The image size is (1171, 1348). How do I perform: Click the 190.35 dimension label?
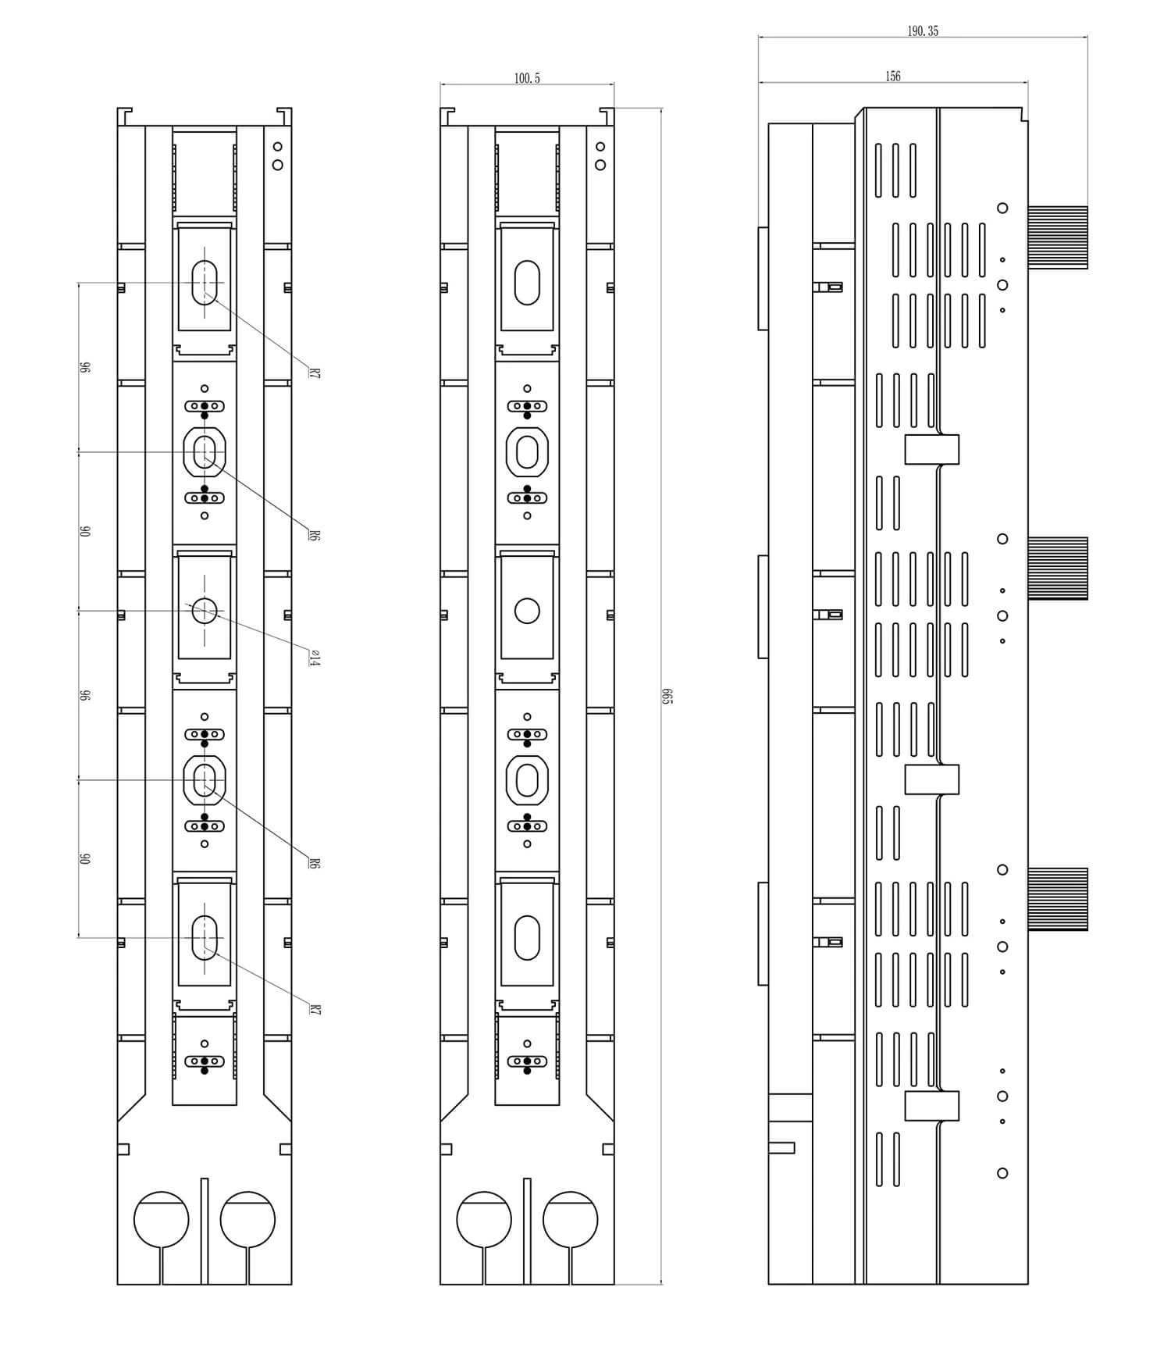pyautogui.click(x=923, y=31)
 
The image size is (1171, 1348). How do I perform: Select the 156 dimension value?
pyautogui.click(x=893, y=77)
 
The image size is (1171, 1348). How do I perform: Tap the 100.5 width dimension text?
pyautogui.click(x=527, y=78)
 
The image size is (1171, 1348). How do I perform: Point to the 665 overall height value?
pyautogui.click(x=667, y=696)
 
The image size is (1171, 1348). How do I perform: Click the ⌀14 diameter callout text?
pyautogui.click(x=314, y=658)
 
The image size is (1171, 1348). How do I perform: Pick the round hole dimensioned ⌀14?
pyautogui.click(x=205, y=611)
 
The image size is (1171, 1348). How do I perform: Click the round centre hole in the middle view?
pyautogui.click(x=528, y=611)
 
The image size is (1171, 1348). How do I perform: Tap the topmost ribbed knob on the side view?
pyautogui.click(x=1058, y=237)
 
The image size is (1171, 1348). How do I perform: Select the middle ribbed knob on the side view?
pyautogui.click(x=1058, y=569)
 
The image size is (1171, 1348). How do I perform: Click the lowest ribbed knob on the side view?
pyautogui.click(x=1058, y=899)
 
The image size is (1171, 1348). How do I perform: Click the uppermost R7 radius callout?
pyautogui.click(x=314, y=373)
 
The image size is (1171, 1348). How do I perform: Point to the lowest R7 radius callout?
pyautogui.click(x=314, y=1010)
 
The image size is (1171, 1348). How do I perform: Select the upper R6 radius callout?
pyautogui.click(x=314, y=536)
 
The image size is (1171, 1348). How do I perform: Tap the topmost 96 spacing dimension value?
pyautogui.click(x=85, y=367)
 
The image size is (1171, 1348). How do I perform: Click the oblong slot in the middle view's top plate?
pyautogui.click(x=528, y=283)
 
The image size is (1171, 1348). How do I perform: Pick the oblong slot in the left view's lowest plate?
pyautogui.click(x=205, y=937)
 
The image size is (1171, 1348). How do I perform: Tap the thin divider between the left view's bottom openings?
pyautogui.click(x=205, y=1231)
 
